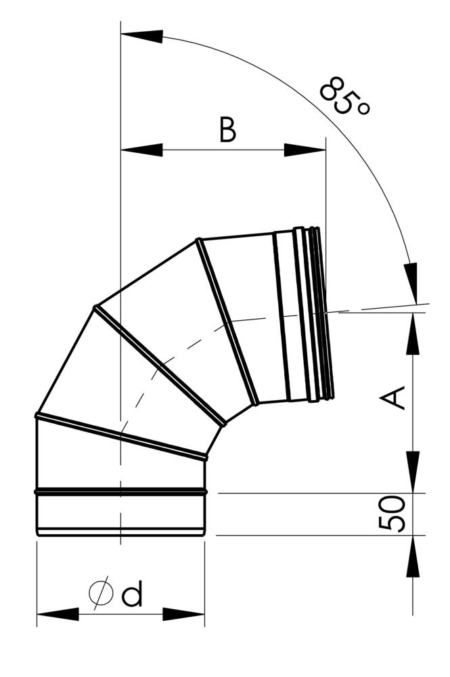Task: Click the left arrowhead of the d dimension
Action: [57, 614]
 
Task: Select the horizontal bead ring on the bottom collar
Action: [120, 491]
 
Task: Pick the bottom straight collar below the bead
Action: [120, 514]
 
